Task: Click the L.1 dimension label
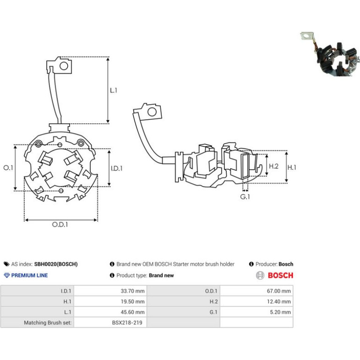click(x=114, y=90)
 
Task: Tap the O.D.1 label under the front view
click(x=60, y=224)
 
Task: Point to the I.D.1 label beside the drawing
click(x=116, y=168)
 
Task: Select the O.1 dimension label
click(x=8, y=167)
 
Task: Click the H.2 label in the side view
click(x=274, y=166)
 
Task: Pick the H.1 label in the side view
click(x=292, y=167)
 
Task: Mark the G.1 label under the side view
click(x=245, y=197)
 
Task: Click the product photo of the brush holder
click(x=329, y=54)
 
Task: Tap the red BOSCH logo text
click(x=281, y=275)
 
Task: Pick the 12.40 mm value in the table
click(x=279, y=302)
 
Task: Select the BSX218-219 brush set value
click(x=127, y=323)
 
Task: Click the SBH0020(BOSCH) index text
click(x=56, y=264)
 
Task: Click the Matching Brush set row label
click(x=48, y=323)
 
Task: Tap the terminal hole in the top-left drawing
click(x=64, y=66)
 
